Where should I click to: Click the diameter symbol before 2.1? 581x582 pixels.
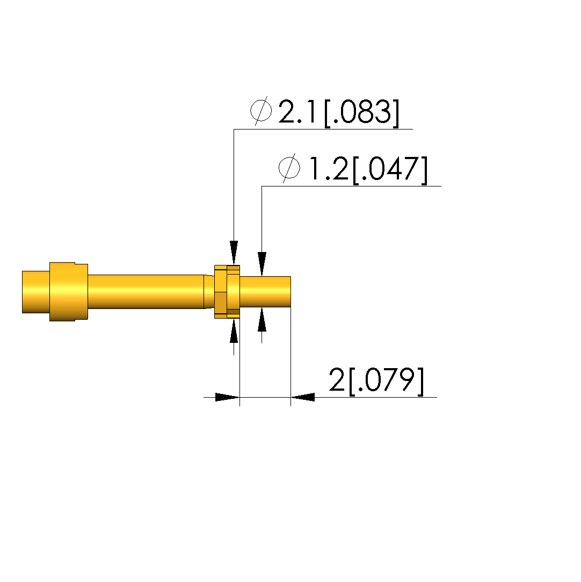pos(260,110)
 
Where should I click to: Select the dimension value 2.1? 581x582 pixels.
pos(296,111)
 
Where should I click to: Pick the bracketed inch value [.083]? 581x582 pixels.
pos(361,113)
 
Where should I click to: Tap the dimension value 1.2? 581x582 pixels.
pos(328,169)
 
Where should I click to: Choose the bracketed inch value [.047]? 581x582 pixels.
pos(390,170)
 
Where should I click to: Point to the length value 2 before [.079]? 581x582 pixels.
pos(337,380)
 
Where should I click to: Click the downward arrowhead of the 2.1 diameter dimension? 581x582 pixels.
pos(234,253)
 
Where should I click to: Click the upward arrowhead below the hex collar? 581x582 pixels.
pos(234,330)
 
